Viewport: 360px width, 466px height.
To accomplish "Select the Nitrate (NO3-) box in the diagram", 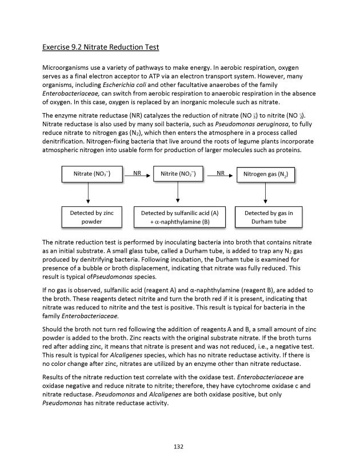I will click(88, 173).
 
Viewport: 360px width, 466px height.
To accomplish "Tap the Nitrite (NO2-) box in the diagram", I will click(178, 173).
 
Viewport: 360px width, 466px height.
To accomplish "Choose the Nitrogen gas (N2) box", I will click(266, 174).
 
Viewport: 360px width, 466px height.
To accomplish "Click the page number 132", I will click(178, 447).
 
